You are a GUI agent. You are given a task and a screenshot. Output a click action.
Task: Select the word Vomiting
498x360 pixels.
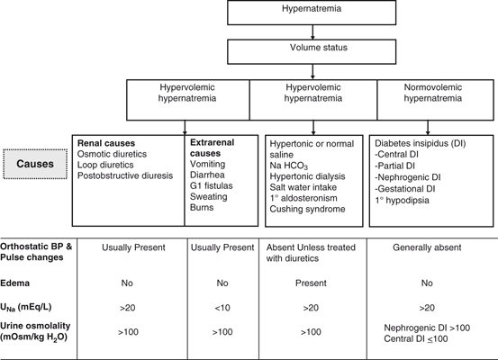(209, 166)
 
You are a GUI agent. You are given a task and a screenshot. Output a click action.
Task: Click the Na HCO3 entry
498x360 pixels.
(292, 166)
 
